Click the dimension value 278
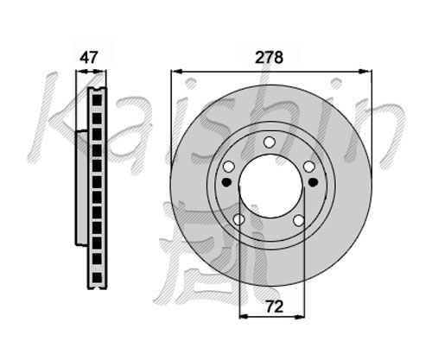coord(270,57)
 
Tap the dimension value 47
coord(89,57)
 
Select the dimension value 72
coord(275,306)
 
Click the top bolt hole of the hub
coord(270,142)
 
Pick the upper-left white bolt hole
coord(229,167)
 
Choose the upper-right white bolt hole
coord(309,167)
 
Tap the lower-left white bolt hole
coord(238,219)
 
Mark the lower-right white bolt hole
coord(299,220)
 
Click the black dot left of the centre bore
coord(227,182)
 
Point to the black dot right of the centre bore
coord(313,182)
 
